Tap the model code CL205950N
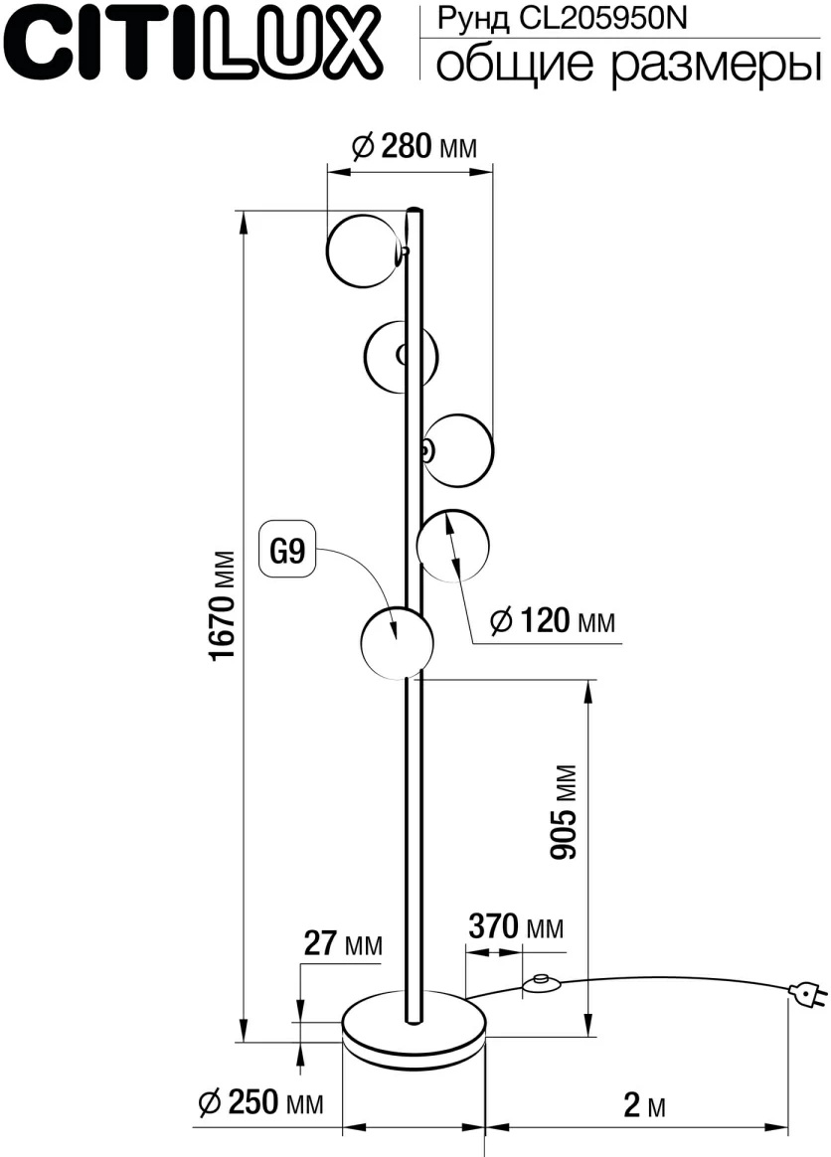[603, 19]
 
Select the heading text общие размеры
[628, 64]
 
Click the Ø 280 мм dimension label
[415, 146]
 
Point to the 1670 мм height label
[223, 605]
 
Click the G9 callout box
[287, 550]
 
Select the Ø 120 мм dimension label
[552, 620]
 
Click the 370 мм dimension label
[516, 926]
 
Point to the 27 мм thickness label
[343, 943]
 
